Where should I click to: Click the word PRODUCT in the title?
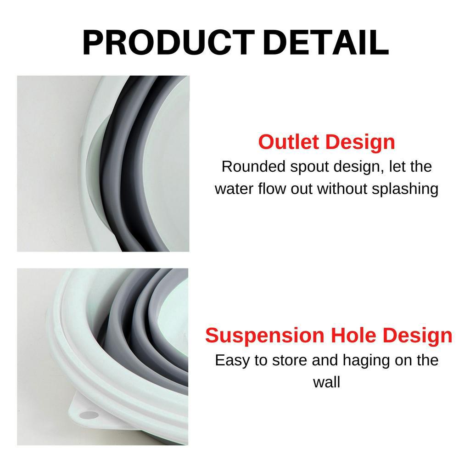tap(168, 42)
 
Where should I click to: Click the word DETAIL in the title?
tap(325, 42)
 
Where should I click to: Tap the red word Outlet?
tap(289, 142)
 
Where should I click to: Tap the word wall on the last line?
tap(326, 382)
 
